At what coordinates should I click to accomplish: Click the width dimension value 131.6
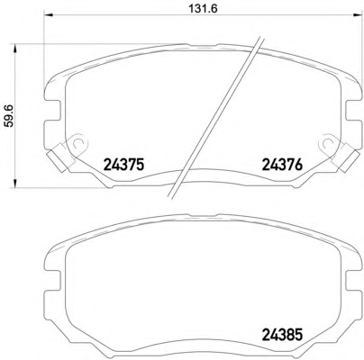tap(203, 9)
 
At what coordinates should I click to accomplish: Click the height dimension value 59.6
tap(9, 115)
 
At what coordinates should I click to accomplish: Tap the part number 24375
tap(124, 165)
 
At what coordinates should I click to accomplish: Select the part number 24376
tap(282, 165)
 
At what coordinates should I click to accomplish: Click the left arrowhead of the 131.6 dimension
tap(49, 15)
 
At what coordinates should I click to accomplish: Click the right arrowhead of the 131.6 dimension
tap(358, 15)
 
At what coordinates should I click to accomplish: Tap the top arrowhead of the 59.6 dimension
tap(14, 49)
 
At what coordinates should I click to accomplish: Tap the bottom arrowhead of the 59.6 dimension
tap(14, 184)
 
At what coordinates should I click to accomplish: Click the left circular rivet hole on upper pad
tap(78, 142)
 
